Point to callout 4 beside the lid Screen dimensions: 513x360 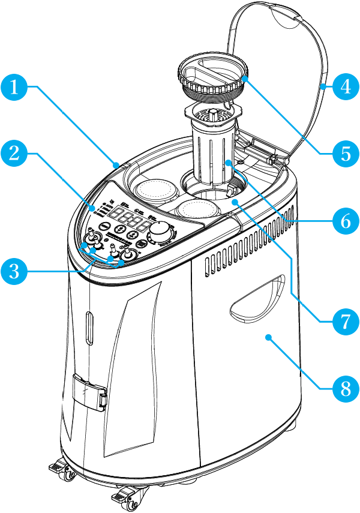[344, 87]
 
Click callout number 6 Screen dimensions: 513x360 [344, 221]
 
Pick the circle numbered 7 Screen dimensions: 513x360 [344, 319]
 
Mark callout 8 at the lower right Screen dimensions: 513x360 [344, 386]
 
